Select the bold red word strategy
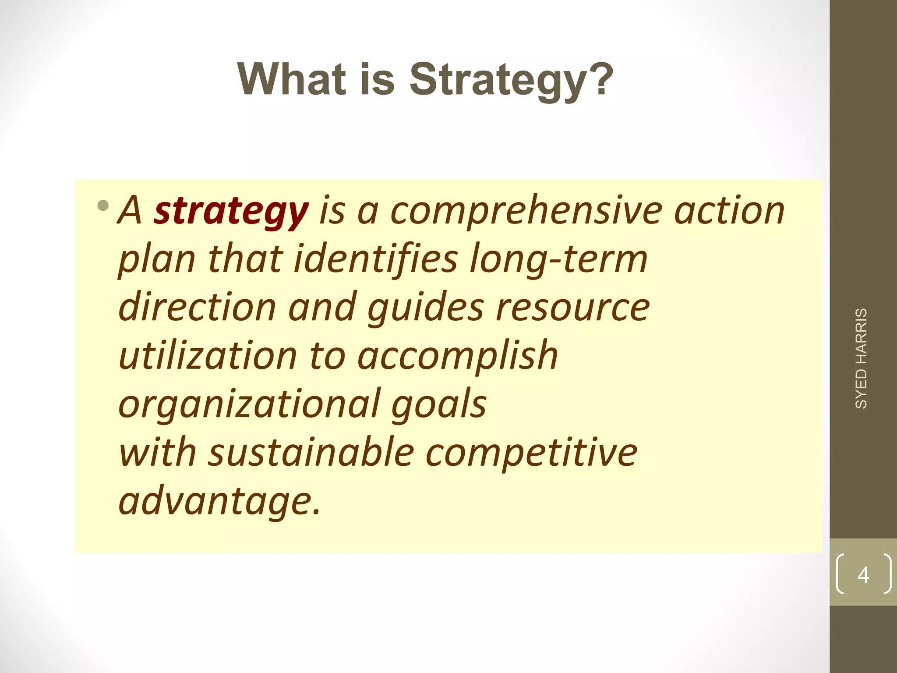click(231, 211)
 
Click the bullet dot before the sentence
click(103, 205)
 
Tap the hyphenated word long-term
click(558, 259)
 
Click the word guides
click(425, 308)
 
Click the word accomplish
click(458, 356)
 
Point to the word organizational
click(248, 404)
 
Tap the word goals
click(438, 404)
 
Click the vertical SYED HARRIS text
click(861, 358)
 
